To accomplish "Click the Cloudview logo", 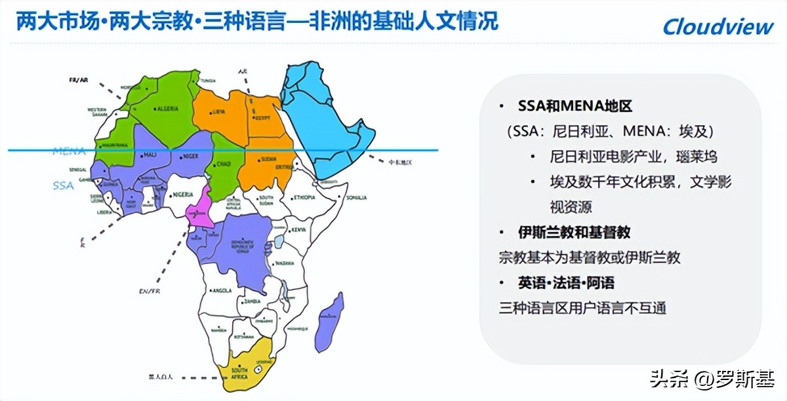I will (x=718, y=26).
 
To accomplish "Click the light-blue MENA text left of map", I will (x=70, y=151).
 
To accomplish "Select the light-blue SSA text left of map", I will (x=64, y=185).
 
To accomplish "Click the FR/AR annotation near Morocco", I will (x=78, y=80).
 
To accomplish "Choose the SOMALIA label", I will (x=357, y=197).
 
